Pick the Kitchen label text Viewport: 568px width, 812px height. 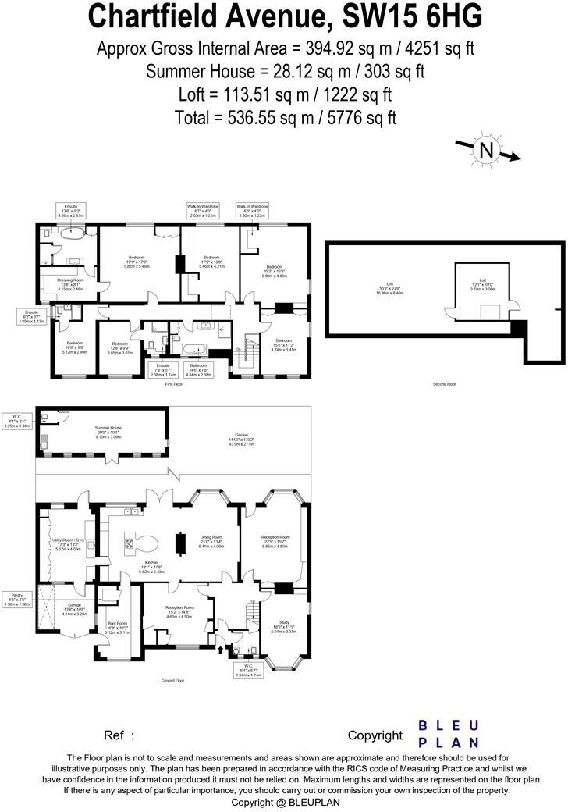click(151, 564)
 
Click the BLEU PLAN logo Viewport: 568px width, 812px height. click(449, 734)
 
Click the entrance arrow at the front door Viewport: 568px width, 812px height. click(220, 647)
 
